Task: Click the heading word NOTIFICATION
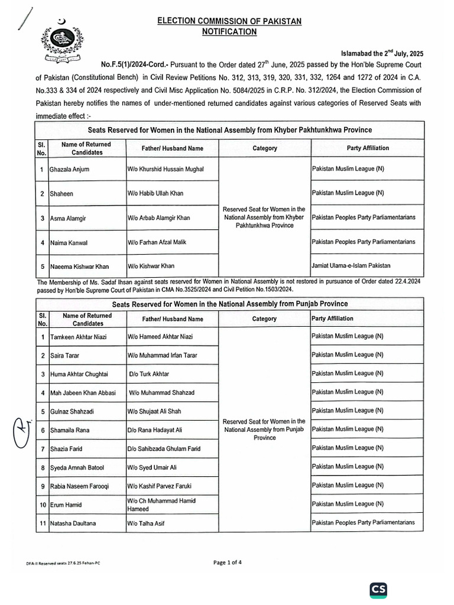[x=229, y=32]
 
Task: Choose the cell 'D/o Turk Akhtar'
[x=149, y=374]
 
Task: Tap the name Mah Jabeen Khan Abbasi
[x=83, y=392]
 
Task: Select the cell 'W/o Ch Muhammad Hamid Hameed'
[x=161, y=505]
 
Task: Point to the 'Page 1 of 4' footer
[x=228, y=563]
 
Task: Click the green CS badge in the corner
[x=378, y=590]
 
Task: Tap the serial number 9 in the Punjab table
[x=43, y=486]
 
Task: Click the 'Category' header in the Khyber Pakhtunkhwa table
[x=264, y=148]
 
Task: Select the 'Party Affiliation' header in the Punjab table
[x=332, y=318]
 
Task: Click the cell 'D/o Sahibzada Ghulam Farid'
[x=164, y=449]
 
